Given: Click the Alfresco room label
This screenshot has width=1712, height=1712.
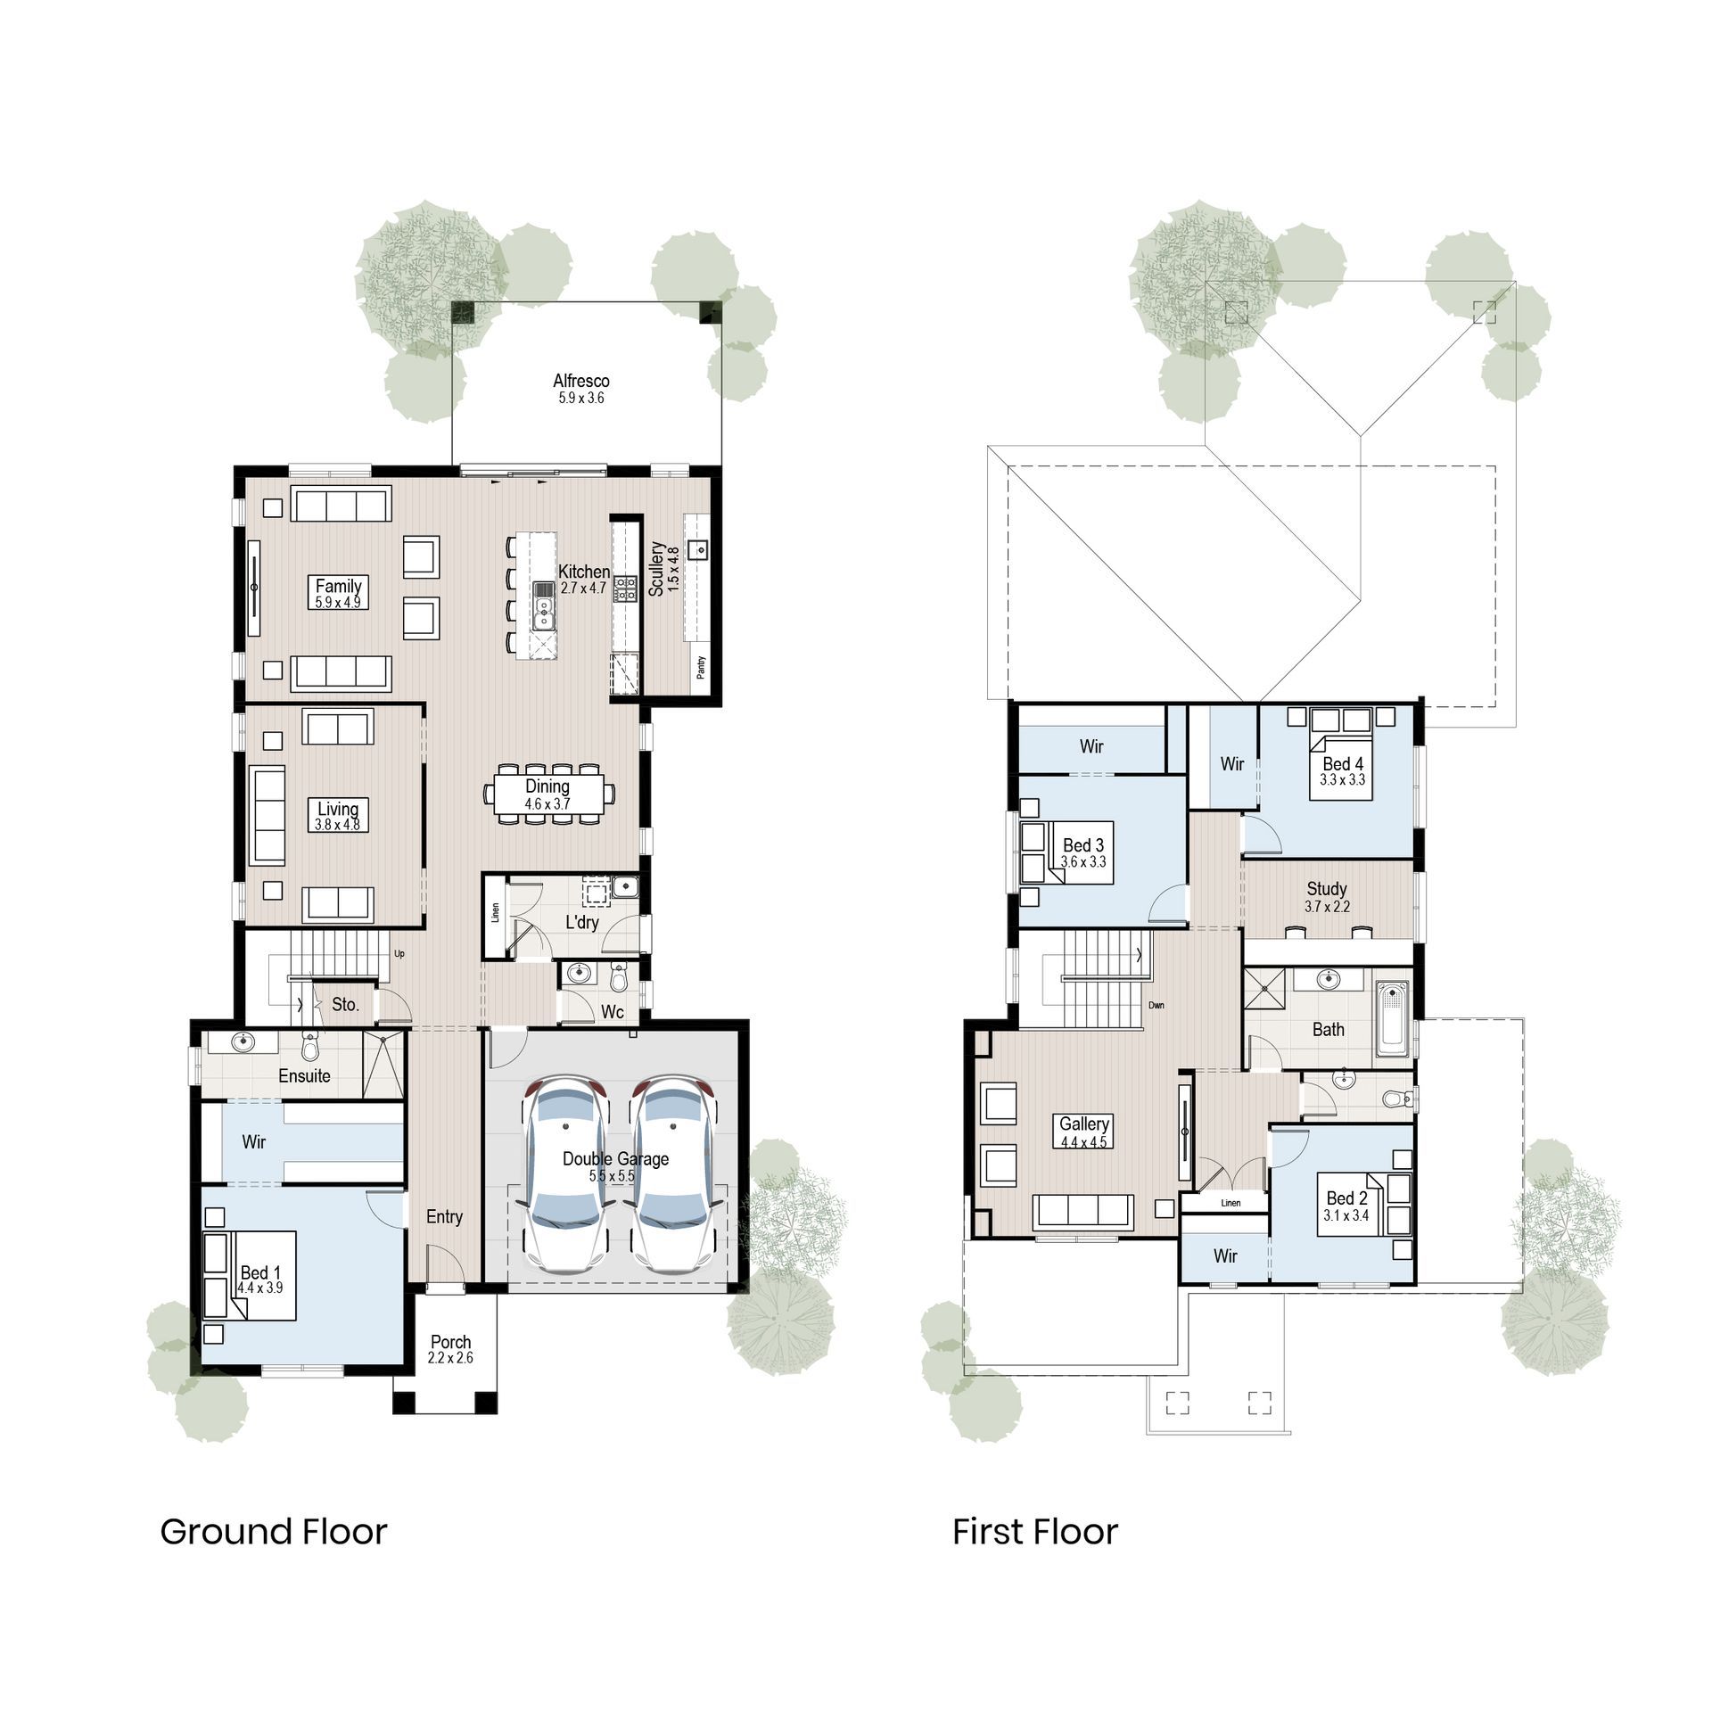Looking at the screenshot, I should tap(580, 381).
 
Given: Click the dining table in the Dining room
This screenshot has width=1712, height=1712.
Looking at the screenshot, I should tap(548, 794).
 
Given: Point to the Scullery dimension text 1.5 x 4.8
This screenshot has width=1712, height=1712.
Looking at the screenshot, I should tap(673, 569).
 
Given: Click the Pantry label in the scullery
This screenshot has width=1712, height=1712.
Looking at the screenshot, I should tap(701, 667).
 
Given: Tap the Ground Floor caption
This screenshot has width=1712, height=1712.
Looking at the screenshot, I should tap(273, 1532).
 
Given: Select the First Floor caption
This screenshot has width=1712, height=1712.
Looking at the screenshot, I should tap(1034, 1532).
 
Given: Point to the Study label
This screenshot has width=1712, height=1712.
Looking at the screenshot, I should tap(1326, 889).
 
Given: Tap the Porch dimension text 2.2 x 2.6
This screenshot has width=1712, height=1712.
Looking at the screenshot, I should tap(450, 1358).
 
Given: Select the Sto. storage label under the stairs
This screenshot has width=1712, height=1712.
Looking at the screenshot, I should tap(345, 1005).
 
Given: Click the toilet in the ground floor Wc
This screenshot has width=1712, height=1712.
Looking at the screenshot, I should tap(619, 978).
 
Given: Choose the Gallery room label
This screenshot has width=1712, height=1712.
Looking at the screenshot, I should tap(1083, 1124).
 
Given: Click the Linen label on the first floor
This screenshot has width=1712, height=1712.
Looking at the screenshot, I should tap(1230, 1203).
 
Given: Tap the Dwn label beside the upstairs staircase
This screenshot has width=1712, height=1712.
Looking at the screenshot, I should tap(1156, 1006).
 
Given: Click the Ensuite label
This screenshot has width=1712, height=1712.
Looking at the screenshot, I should tap(304, 1076).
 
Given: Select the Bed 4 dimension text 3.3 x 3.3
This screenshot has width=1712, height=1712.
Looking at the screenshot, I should tap(1342, 779).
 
